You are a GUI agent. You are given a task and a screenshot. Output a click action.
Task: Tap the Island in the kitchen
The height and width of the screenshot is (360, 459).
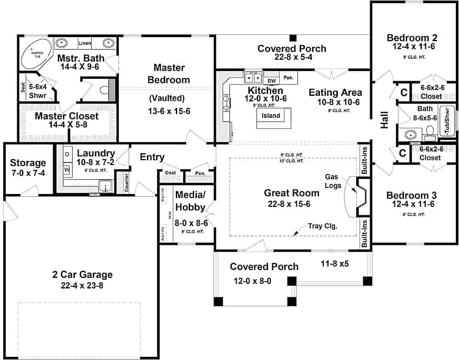click(x=271, y=116)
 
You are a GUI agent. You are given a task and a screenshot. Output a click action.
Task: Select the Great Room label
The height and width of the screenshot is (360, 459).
click(x=291, y=193)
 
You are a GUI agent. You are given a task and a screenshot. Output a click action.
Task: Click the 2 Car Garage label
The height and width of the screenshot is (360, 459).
click(x=82, y=275)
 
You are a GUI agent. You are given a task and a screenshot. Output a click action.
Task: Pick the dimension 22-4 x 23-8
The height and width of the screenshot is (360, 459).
click(x=82, y=285)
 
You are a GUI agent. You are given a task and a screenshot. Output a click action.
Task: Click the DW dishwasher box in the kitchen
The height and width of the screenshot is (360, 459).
click(x=271, y=81)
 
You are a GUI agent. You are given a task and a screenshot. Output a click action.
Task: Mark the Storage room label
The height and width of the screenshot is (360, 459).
click(x=28, y=163)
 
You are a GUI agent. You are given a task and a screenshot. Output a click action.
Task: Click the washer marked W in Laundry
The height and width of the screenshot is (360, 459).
click(x=67, y=169)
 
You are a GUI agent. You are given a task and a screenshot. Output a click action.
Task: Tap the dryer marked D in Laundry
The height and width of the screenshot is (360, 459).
click(x=67, y=155)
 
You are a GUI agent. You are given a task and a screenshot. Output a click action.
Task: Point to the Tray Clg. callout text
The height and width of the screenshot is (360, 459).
click(x=323, y=226)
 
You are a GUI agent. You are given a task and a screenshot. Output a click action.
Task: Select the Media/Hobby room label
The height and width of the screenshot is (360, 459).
click(x=190, y=201)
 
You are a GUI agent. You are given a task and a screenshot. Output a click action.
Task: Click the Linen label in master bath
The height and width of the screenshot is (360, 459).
click(x=84, y=44)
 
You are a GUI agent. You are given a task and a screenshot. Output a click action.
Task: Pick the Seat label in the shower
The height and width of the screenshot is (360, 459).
click(x=23, y=87)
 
